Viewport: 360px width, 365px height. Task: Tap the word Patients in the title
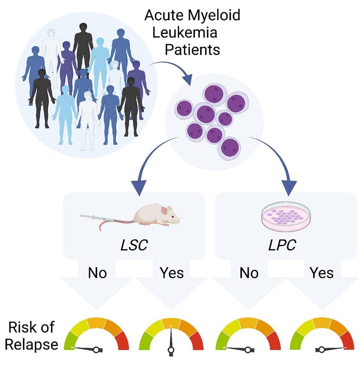tap(192, 49)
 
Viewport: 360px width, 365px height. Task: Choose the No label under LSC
tap(97, 273)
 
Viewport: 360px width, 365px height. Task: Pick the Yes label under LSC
tap(172, 273)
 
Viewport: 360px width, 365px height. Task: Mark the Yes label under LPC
tap(322, 273)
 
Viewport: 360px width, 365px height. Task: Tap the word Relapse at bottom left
tap(32, 344)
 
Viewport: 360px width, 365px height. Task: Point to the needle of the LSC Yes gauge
tap(171, 340)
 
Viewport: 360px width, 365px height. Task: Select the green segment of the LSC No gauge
tap(70, 340)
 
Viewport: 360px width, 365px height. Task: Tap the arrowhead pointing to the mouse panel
tap(140, 187)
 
